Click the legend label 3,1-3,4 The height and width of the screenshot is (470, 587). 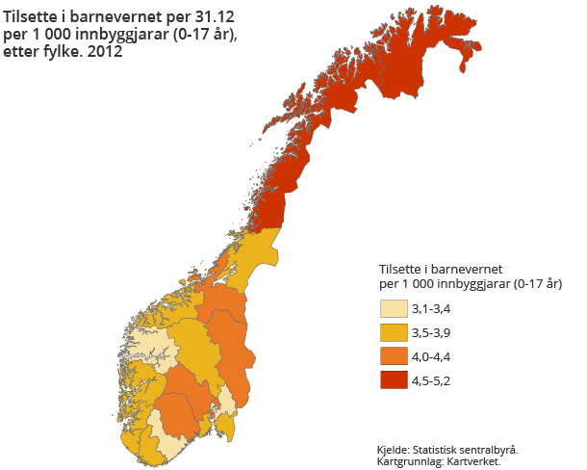430,310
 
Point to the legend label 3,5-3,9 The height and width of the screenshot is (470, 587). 430,333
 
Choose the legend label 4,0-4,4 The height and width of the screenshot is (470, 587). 430,356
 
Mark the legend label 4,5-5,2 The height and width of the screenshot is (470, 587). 430,379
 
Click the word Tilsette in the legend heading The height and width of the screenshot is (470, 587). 402,269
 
